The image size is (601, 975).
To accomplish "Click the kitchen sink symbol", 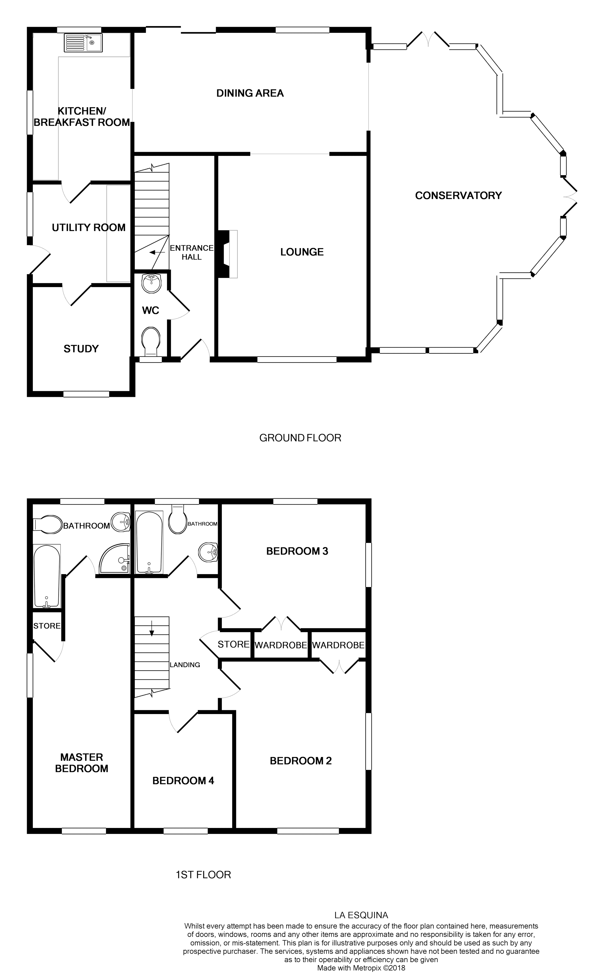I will [83, 43].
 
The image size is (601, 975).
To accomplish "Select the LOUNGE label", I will [302, 252].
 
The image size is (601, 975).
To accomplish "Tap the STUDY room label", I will [81, 349].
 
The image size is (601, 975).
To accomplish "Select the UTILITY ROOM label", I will [89, 228].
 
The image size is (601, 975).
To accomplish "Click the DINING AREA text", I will [250, 93].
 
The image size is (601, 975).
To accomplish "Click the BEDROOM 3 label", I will [297, 551].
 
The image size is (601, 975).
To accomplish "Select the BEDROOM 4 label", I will [183, 781].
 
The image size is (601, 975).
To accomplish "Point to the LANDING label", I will [185, 665].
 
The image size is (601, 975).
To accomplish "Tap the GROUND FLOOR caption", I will [300, 438].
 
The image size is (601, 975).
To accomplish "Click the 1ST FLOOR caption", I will [203, 875].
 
